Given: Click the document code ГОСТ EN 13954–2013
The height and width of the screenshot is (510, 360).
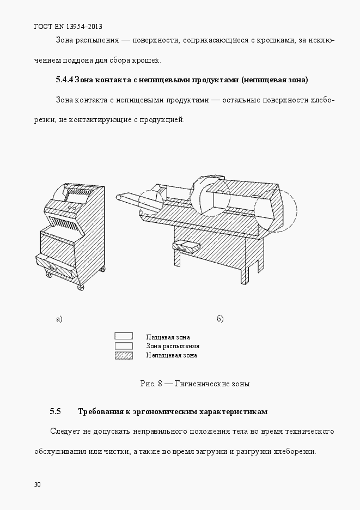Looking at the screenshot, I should pos(69,26).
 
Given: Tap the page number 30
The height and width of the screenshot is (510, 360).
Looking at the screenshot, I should pos(37,484).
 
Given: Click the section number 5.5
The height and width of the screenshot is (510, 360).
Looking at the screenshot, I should pos(55,411).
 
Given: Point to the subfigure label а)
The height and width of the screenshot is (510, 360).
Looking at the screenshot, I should pos(59,319).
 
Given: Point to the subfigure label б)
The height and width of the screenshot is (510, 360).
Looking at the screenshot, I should pos(220,319).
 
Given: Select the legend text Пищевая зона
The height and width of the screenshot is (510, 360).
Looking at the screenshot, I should pos(168,337).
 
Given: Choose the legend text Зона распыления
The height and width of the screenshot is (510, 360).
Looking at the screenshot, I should pos(173,346).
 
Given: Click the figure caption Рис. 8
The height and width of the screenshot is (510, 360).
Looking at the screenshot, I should pos(152,384).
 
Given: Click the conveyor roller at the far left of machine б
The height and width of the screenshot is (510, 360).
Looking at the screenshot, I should pos(118,196).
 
